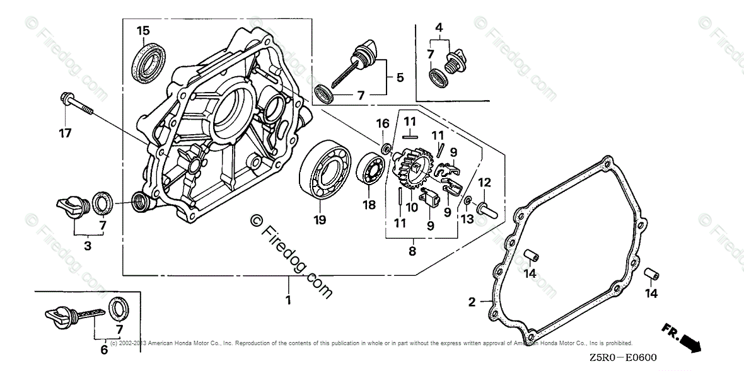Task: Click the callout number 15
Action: point(143,30)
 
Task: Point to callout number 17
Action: point(65,133)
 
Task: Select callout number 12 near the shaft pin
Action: point(484,183)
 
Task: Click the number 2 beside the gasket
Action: point(472,302)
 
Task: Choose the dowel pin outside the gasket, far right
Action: point(651,276)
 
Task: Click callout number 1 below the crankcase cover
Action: point(288,300)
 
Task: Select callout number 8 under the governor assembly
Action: point(412,251)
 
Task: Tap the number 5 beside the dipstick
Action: point(400,77)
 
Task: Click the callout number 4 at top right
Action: point(439,27)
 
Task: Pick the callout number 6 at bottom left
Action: point(104,350)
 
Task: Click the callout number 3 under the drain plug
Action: point(88,246)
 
